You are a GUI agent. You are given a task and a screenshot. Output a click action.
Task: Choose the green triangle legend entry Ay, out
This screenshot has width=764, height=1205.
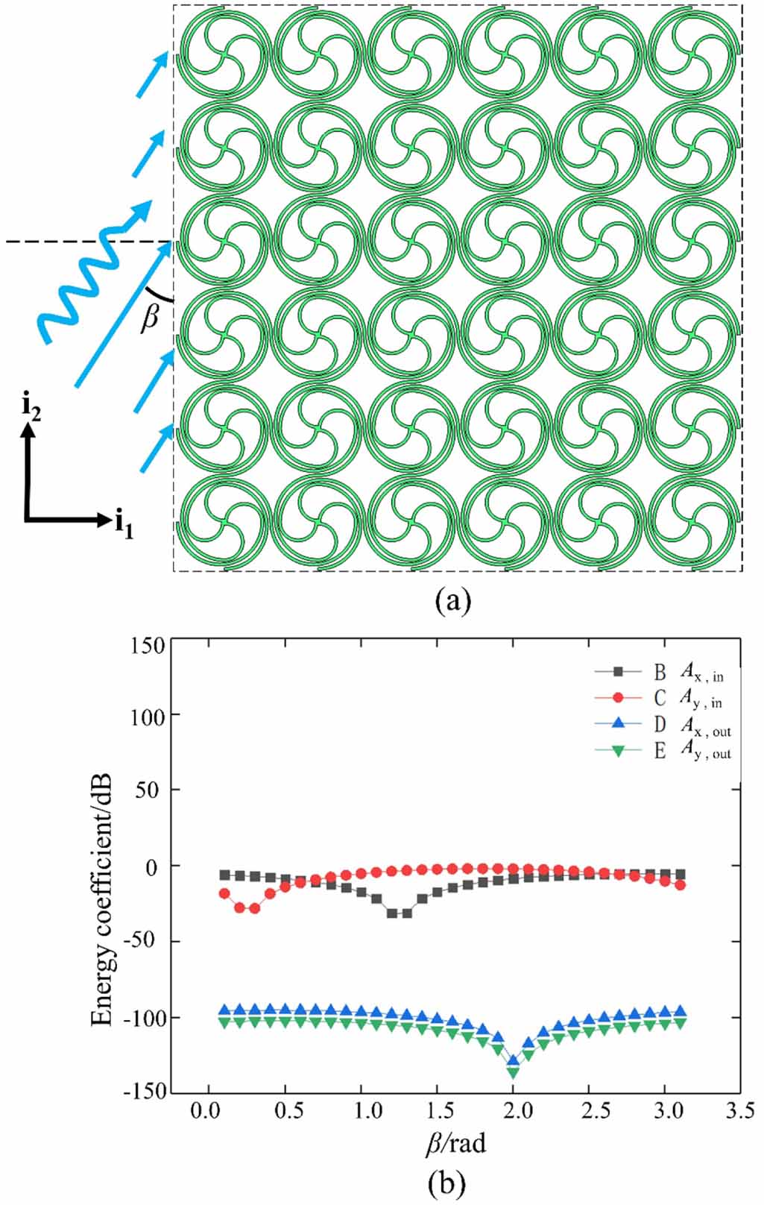pyautogui.click(x=660, y=753)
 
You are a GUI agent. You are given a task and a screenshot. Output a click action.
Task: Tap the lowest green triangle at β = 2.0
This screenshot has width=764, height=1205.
pyautogui.click(x=513, y=1072)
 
